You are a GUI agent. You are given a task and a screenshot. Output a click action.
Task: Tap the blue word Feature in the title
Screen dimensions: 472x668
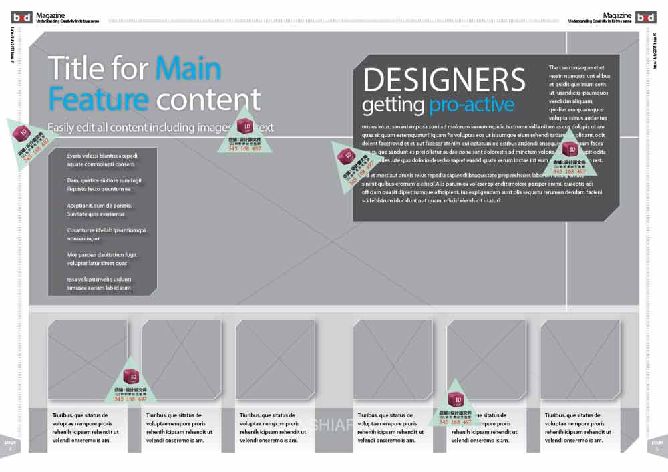(98, 99)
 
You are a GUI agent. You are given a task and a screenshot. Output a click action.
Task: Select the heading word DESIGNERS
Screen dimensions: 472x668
(444, 80)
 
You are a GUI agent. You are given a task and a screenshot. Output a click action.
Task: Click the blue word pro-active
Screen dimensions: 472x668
(472, 105)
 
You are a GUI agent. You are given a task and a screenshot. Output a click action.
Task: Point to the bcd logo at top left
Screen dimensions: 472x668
(21, 17)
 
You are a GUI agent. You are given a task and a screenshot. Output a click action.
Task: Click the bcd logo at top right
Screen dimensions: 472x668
(646, 17)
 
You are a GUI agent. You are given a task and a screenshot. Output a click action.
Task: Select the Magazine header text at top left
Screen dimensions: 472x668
(51, 15)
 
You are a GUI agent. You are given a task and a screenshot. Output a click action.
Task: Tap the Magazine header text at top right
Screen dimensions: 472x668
(617, 15)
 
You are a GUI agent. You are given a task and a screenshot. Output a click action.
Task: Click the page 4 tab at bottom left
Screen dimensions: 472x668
(10, 445)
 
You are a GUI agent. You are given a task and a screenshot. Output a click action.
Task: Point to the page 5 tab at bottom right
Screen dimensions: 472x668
(657, 445)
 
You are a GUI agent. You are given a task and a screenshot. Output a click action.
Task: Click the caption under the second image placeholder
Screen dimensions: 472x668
(181, 427)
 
